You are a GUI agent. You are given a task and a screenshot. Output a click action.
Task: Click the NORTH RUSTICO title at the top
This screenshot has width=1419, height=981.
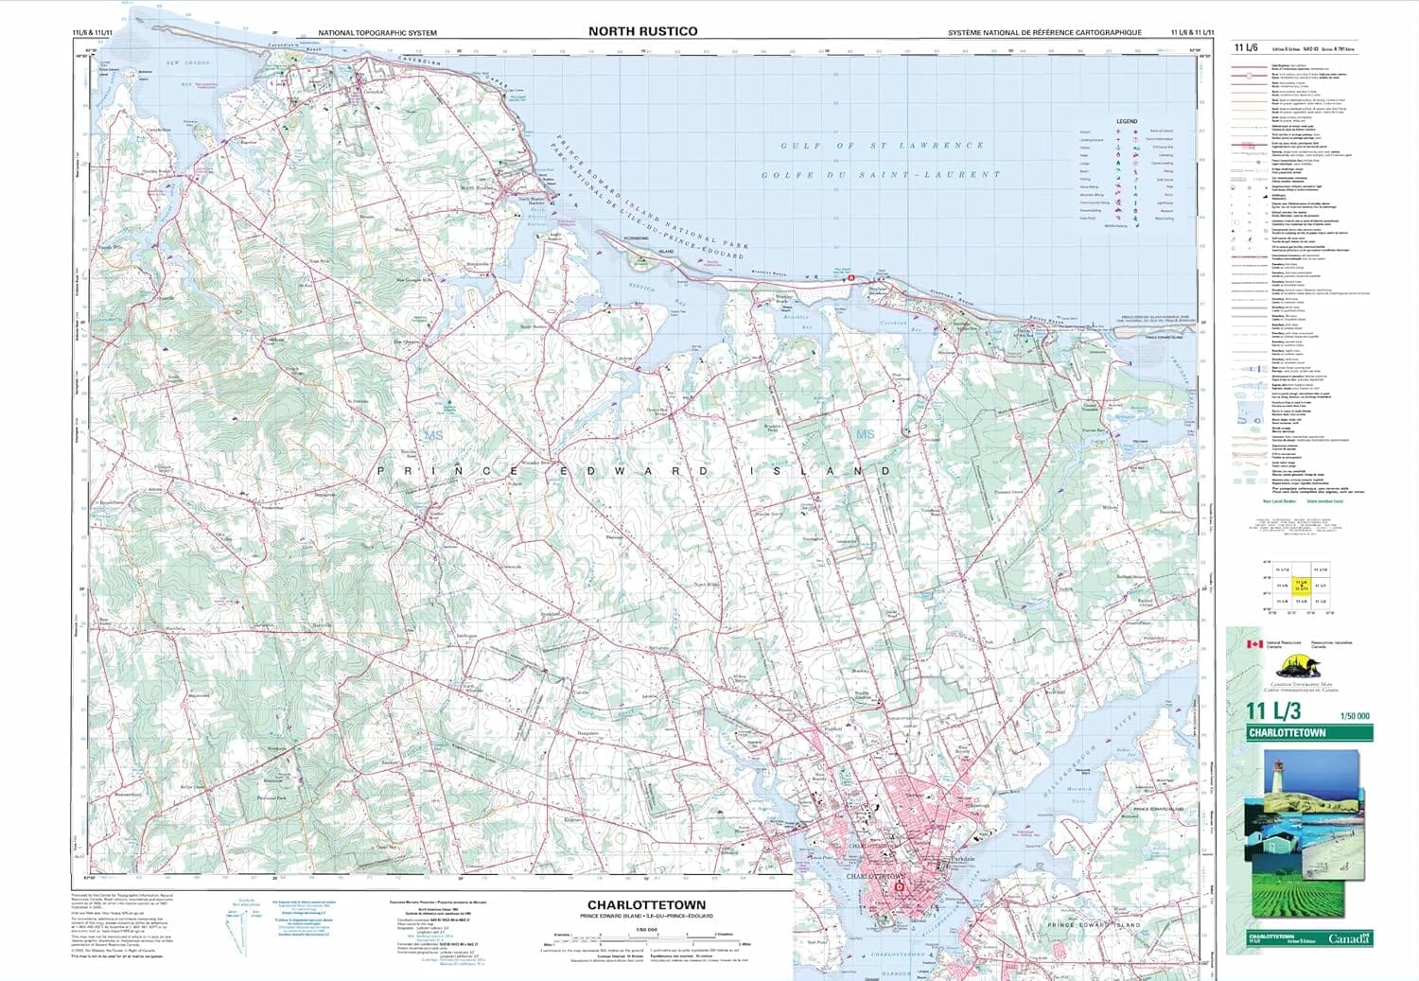point(642,31)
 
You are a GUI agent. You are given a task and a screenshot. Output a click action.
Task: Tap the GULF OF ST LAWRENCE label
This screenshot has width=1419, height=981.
point(882,146)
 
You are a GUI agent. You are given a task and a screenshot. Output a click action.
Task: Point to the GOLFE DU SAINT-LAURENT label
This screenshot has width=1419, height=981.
point(881,175)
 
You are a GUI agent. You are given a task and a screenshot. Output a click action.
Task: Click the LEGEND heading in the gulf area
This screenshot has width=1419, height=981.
point(1127,121)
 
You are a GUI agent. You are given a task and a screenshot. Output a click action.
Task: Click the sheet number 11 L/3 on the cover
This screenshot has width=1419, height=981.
point(1272,711)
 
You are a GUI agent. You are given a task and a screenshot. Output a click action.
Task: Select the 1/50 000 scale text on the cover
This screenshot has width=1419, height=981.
point(1355,716)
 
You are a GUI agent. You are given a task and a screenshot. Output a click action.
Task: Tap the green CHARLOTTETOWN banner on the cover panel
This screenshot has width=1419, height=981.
point(1310,733)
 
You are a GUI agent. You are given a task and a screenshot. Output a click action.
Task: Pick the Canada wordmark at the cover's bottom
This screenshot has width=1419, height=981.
point(1348,938)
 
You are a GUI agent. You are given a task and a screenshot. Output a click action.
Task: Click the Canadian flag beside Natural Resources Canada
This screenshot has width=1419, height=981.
point(1253,644)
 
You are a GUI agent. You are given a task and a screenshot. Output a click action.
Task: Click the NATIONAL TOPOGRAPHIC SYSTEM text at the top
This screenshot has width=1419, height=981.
point(377,33)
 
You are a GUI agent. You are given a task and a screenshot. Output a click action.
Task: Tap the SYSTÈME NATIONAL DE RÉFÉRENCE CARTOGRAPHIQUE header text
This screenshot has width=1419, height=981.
point(1044,33)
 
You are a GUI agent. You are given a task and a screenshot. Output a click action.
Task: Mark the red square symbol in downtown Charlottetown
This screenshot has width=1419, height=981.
point(900,887)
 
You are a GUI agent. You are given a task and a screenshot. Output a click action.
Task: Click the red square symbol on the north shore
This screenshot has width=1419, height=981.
point(851,278)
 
